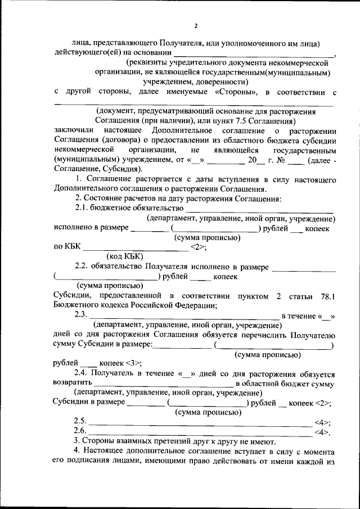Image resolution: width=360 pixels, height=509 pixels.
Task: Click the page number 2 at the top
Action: click(196, 26)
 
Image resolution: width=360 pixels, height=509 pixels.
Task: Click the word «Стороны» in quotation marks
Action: click(236, 92)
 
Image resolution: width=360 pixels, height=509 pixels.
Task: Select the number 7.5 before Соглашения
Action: click(229, 121)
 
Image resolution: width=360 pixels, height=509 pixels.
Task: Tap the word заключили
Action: click(75, 131)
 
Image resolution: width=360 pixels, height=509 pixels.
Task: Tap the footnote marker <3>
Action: click(135, 364)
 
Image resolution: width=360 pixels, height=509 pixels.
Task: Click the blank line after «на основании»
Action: click(253, 53)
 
